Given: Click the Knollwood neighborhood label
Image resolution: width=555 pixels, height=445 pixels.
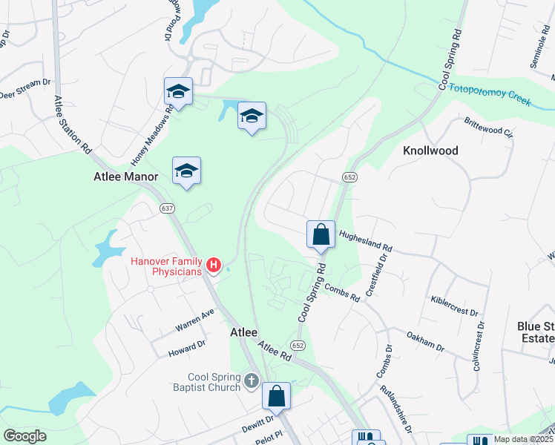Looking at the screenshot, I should (430, 151).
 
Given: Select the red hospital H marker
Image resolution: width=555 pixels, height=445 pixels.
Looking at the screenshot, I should (214, 265).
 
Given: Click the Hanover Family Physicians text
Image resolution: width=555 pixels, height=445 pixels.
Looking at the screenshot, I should (167, 266).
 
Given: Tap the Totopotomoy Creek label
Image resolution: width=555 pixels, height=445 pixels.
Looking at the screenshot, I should (490, 93).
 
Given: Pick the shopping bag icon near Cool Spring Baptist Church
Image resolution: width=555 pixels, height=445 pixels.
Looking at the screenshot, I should (276, 396).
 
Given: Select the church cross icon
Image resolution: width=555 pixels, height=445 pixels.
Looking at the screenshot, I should (252, 381).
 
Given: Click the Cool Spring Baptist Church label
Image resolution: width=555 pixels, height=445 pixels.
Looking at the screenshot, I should (204, 382).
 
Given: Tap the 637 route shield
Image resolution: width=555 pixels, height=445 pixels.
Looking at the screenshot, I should (167, 209).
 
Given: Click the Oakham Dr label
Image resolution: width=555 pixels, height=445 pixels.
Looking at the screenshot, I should (425, 342).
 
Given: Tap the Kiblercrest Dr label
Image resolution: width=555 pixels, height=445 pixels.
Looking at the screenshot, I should (455, 305).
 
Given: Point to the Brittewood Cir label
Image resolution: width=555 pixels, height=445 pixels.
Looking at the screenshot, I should (488, 125).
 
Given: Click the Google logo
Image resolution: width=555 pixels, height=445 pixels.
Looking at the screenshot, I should (24, 435).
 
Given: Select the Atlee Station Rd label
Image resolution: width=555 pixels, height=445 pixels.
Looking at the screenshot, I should (72, 124).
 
